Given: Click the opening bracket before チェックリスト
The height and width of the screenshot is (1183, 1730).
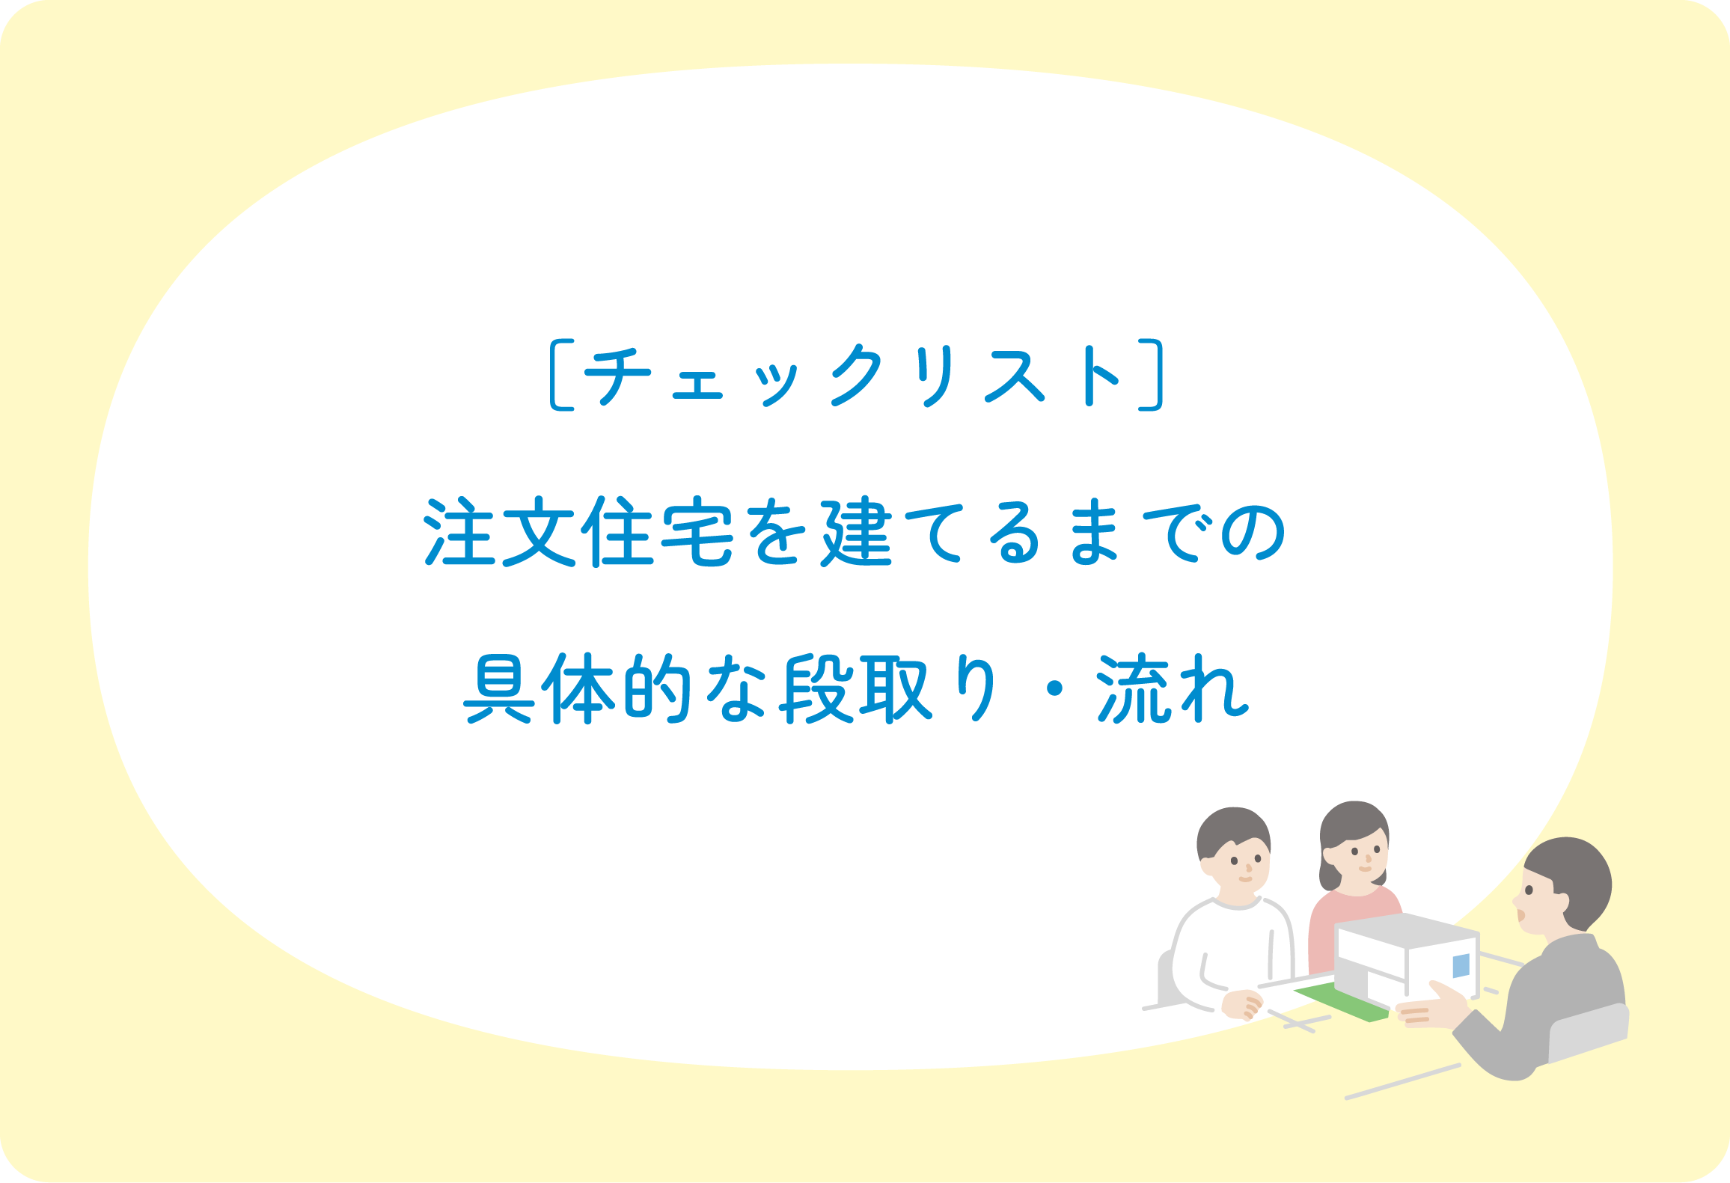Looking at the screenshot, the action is coord(555,376).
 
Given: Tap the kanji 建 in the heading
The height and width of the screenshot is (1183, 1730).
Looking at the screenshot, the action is coord(858,531).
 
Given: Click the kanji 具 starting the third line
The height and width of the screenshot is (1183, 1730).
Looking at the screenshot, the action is coord(499,688).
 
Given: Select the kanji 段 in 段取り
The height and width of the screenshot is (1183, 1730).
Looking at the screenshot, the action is coord(817,688).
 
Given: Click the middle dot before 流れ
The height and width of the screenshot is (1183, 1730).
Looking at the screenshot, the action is coord(1055,688).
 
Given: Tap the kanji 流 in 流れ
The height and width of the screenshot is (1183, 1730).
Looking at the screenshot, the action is coord(1134,688).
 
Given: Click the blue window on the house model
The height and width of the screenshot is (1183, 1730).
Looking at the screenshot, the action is coord(1461,966).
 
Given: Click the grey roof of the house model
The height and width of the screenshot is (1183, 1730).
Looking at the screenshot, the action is coord(1407,931).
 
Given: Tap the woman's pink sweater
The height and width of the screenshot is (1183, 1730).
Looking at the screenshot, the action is coord(1347,928).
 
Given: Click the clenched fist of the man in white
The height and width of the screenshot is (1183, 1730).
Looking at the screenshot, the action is coord(1242,1005).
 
